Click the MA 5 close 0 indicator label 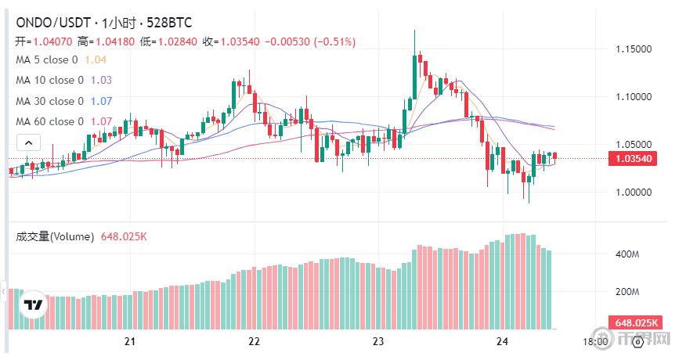click(47, 59)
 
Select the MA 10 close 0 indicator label click(50, 80)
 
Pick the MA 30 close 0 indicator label click(50, 101)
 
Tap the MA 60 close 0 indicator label click(50, 121)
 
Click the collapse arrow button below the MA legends click(28, 142)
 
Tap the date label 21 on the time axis click(130, 341)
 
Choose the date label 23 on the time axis click(377, 341)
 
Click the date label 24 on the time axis click(502, 341)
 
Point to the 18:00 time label click(596, 341)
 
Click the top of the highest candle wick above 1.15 click(415, 31)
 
